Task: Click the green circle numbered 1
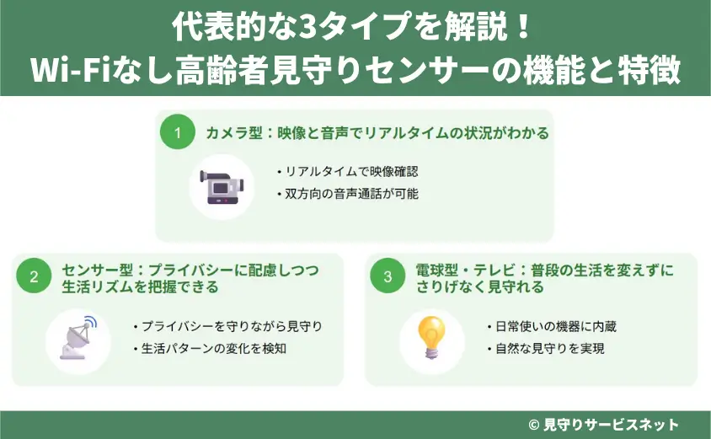click(179, 132)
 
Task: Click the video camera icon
click(221, 186)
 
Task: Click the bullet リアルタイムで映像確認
click(347, 171)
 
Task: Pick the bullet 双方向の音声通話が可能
click(347, 194)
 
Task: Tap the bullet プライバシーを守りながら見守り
click(228, 326)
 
